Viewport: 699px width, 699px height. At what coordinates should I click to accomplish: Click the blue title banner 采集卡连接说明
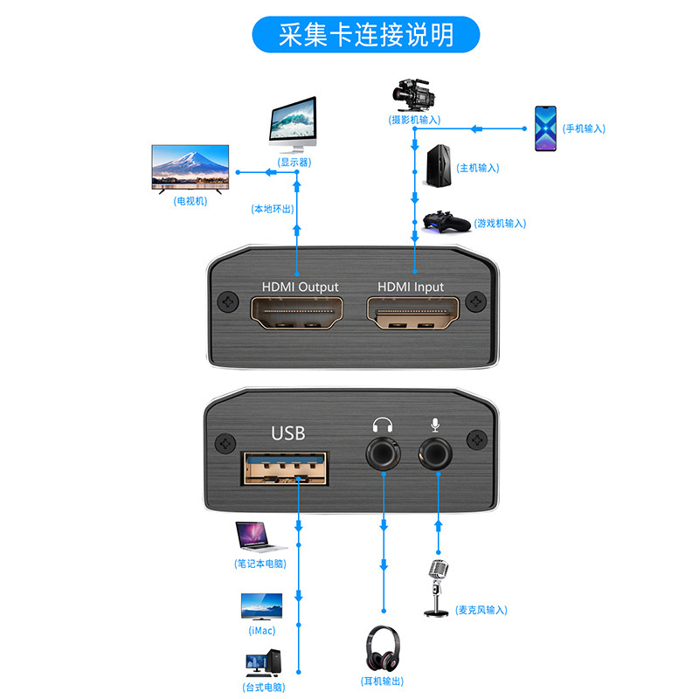point(366,35)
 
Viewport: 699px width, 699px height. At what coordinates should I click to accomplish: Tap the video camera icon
point(413,93)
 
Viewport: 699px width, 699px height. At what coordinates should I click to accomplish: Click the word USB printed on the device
point(289,433)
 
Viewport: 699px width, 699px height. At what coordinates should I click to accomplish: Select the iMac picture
point(260,607)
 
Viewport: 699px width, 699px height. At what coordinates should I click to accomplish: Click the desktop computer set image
point(262,665)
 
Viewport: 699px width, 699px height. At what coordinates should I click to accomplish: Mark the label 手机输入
point(584,128)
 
